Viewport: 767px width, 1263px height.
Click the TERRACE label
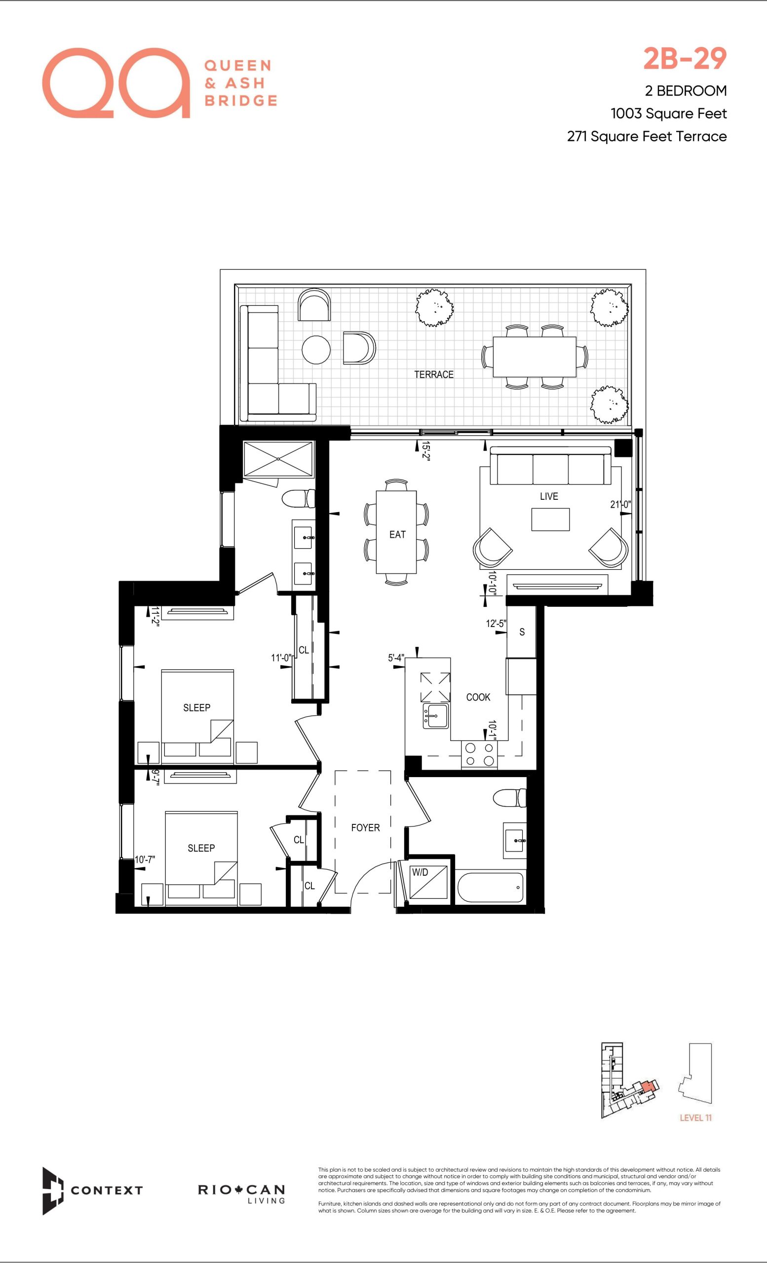[x=434, y=374]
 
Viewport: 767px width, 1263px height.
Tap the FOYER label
[x=366, y=828]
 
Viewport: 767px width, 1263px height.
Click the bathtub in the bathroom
[x=491, y=887]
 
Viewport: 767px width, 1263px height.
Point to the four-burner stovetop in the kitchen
[x=479, y=754]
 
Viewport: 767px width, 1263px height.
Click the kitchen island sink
[x=436, y=715]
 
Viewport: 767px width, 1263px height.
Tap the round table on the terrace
[x=316, y=350]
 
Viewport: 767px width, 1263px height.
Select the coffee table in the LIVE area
[x=550, y=519]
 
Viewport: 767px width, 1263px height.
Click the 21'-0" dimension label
[x=620, y=504]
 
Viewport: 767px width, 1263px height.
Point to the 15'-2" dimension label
[x=425, y=451]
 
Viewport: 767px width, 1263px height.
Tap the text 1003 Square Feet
[x=669, y=113]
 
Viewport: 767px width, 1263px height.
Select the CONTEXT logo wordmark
[x=107, y=1190]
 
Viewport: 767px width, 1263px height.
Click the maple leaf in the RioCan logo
[x=238, y=1189]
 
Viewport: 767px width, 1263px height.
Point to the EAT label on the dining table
[x=397, y=535]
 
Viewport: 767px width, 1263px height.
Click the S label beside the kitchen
[x=522, y=632]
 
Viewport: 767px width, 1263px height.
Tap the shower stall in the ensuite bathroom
[x=278, y=459]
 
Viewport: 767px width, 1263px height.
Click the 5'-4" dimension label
[x=396, y=658]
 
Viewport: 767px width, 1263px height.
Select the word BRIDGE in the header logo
[x=241, y=101]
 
